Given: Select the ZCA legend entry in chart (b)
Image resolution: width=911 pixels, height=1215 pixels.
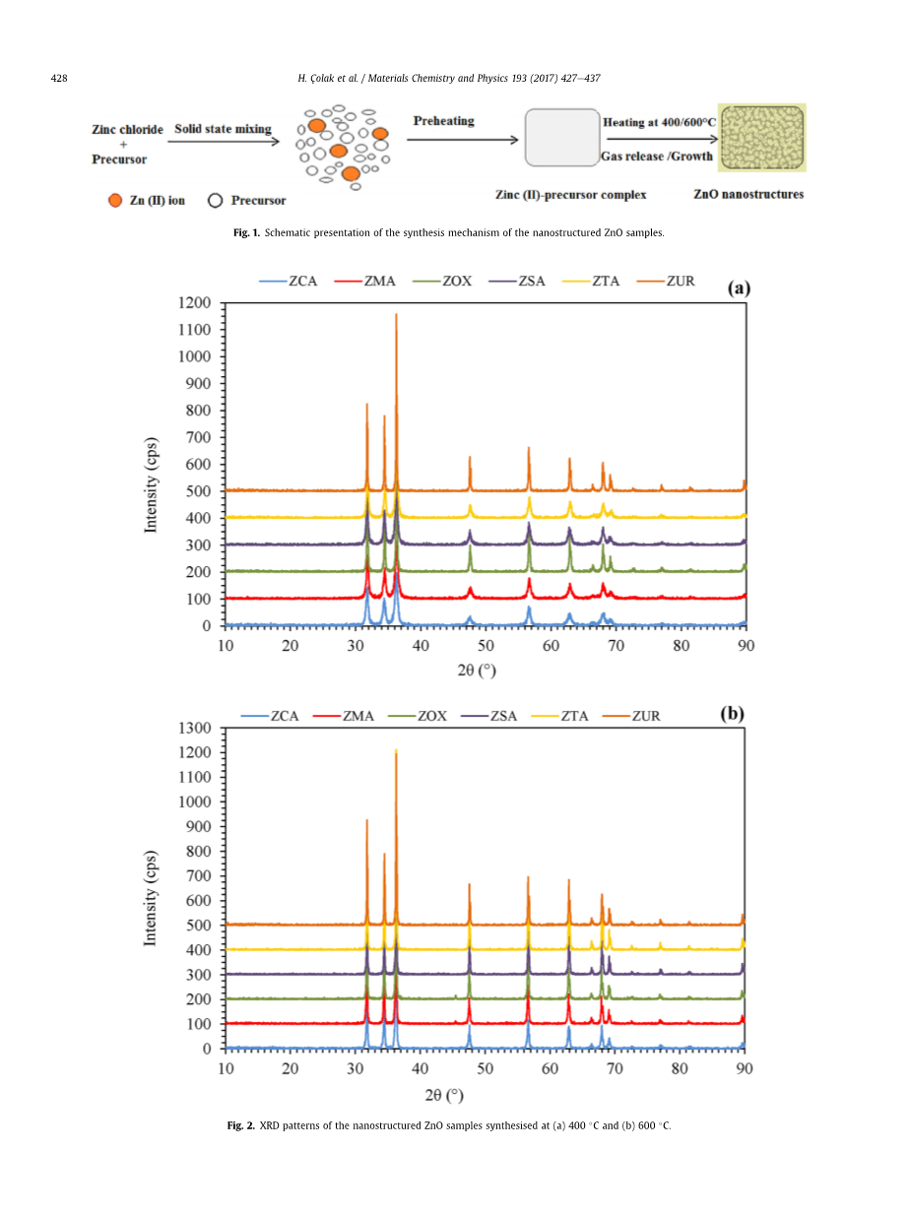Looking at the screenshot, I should (284, 716).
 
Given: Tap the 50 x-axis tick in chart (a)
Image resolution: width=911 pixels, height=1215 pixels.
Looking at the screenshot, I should (486, 645).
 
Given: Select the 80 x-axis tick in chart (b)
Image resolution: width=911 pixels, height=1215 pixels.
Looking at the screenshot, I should (681, 1068).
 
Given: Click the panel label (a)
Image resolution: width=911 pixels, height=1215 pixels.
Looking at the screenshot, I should (739, 288).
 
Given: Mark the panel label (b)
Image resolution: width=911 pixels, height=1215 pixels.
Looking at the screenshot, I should (732, 714).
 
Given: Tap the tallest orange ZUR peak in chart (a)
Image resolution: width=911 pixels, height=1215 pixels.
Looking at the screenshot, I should (396, 315).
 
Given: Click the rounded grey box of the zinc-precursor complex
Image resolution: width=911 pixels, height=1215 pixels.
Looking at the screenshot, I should (561, 138).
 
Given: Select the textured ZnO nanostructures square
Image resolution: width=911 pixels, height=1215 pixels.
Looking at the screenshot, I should (761, 138).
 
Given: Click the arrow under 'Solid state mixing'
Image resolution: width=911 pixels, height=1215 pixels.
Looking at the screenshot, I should (224, 142).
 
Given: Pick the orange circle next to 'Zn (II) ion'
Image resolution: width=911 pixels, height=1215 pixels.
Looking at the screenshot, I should (115, 201).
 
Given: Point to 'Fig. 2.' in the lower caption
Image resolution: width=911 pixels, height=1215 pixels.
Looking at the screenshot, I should (241, 1125).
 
